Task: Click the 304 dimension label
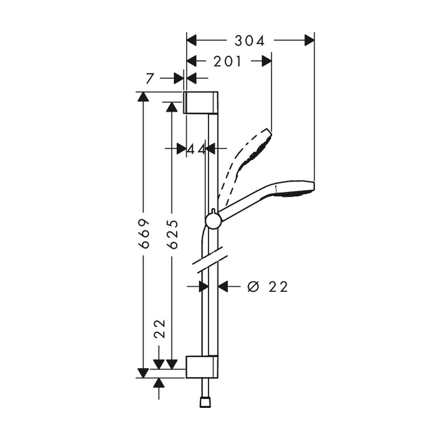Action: tap(249, 41)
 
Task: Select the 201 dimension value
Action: tap(228, 62)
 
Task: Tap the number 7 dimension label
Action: tap(150, 79)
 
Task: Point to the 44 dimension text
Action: tap(196, 149)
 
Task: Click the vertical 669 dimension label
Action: tap(144, 233)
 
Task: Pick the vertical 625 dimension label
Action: tap(172, 234)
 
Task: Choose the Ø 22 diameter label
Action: tap(267, 286)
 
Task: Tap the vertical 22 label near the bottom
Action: tap(160, 328)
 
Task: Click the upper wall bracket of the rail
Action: tap(200, 103)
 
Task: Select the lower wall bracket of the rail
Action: tap(202, 367)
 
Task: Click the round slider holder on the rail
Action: tap(213, 220)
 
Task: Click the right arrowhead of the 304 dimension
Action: tap(309, 40)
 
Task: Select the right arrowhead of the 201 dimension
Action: tap(266, 61)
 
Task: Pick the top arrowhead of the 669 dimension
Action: tap(143, 97)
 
